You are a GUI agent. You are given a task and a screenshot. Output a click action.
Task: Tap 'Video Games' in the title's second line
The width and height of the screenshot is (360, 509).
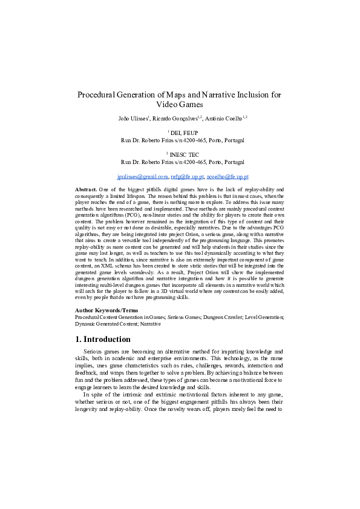[180, 105]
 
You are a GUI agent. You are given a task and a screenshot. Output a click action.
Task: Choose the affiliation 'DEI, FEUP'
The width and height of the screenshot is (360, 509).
[181, 133]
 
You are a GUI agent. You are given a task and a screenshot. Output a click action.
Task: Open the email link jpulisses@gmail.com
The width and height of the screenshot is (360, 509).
[142, 177]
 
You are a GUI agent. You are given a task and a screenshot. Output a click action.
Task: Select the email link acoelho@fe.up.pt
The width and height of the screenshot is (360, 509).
[227, 177]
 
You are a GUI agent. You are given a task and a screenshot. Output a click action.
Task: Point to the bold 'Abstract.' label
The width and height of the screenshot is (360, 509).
[86, 190]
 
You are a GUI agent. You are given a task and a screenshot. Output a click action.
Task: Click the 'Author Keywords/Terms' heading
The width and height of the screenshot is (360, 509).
[106, 310]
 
